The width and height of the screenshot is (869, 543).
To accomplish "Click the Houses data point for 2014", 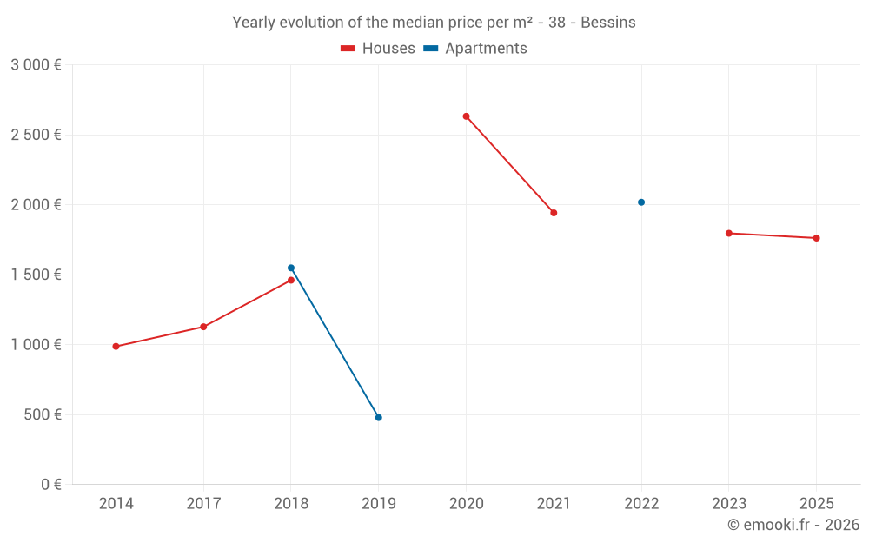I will [x=116, y=347].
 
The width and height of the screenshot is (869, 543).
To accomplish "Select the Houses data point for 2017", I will [x=203, y=327].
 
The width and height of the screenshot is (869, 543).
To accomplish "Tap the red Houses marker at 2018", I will [x=291, y=280].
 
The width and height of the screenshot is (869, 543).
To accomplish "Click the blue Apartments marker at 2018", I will [x=291, y=268].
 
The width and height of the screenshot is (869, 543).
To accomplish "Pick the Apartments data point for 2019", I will [x=379, y=418].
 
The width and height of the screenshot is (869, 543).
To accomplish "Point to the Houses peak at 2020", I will [x=467, y=116].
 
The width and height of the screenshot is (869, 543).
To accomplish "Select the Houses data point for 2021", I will [x=554, y=213].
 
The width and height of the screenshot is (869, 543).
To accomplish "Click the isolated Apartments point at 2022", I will [x=641, y=202].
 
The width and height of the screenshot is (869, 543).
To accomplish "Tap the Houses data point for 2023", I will [x=729, y=233].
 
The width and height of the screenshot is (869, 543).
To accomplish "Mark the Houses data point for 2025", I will [x=816, y=238].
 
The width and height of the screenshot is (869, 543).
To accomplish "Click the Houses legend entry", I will [x=378, y=49].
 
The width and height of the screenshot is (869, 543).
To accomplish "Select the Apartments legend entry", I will [x=475, y=49].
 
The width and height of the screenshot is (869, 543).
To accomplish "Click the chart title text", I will [x=434, y=23].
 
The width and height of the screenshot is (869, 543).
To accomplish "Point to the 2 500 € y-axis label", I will [x=36, y=135].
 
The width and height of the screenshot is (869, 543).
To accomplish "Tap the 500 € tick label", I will [x=41, y=414].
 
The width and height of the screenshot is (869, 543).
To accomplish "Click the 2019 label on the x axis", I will [x=379, y=504].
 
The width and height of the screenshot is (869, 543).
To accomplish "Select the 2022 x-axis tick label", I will [x=641, y=504].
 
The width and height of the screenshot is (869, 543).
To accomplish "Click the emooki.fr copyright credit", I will [x=793, y=525].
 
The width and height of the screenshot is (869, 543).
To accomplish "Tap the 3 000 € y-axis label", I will [x=36, y=65].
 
